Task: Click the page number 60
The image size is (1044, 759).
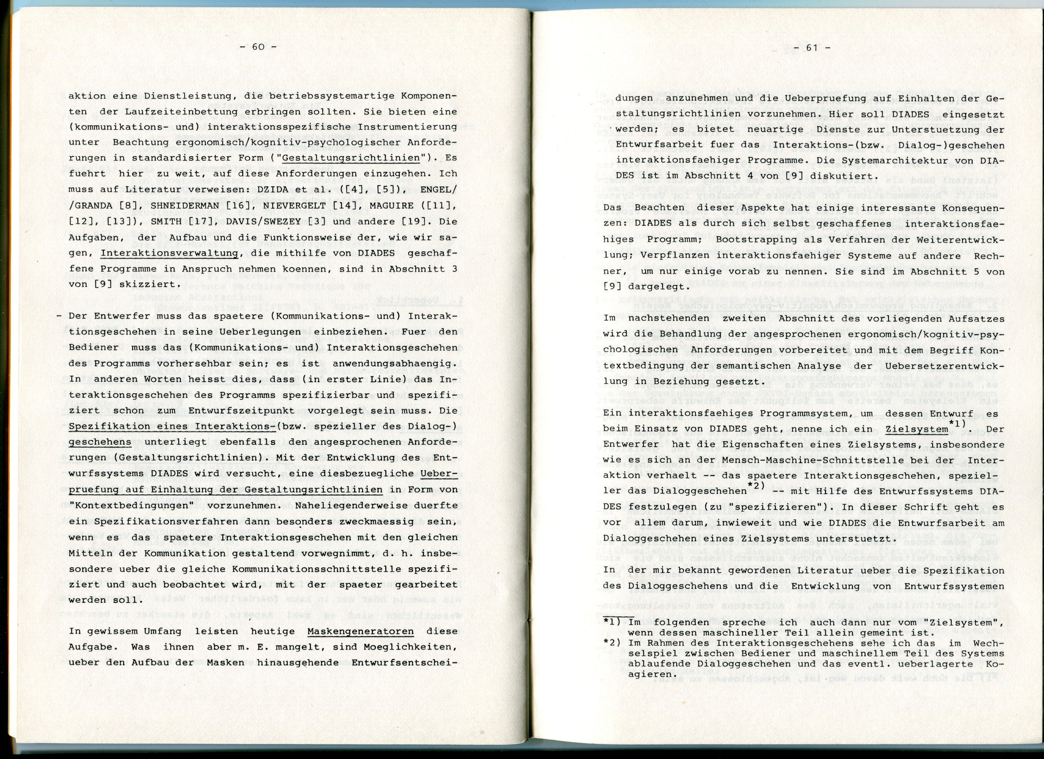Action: point(258,46)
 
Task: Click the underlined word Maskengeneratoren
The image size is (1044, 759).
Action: point(360,631)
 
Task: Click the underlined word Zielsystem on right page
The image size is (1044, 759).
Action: point(916,429)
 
